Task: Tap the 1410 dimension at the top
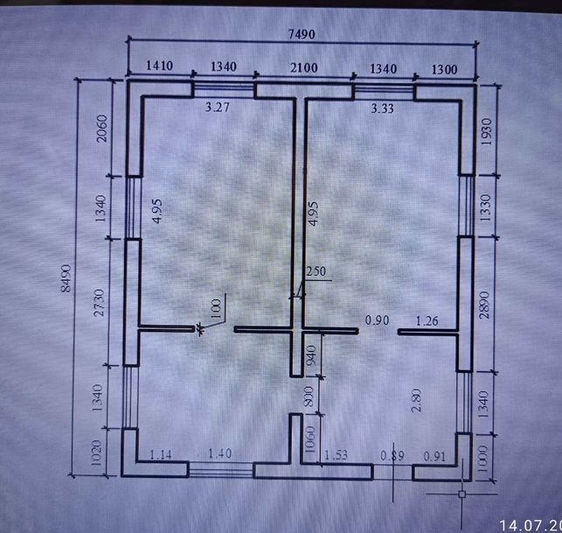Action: [159, 67]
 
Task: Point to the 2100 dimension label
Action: [303, 67]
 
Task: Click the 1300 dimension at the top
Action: [444, 67]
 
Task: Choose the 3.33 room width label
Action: [383, 109]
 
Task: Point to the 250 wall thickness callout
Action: [316, 271]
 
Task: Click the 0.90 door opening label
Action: [378, 320]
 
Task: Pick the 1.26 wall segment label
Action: [427, 320]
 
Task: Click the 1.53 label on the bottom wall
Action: [337, 455]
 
